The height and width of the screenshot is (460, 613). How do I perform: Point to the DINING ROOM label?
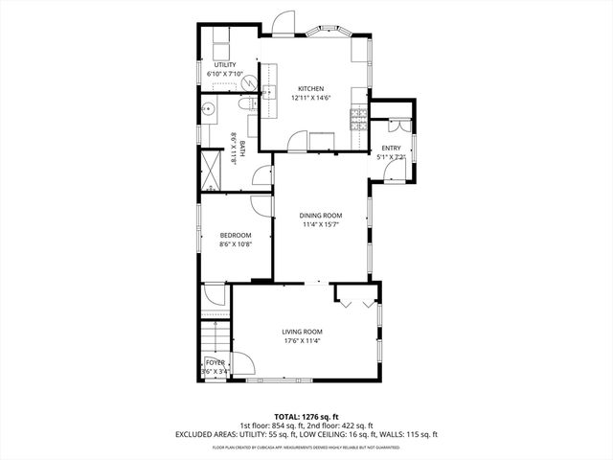322,216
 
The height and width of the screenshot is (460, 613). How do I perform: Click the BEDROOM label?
235,235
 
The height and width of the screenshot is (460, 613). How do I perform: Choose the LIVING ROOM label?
302,331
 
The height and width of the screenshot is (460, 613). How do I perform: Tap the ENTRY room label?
391,147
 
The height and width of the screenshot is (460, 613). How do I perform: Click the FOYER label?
215,362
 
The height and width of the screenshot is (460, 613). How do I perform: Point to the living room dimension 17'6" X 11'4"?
302,340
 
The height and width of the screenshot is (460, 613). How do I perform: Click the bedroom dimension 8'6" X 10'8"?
235,244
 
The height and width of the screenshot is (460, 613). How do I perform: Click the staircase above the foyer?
216,336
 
